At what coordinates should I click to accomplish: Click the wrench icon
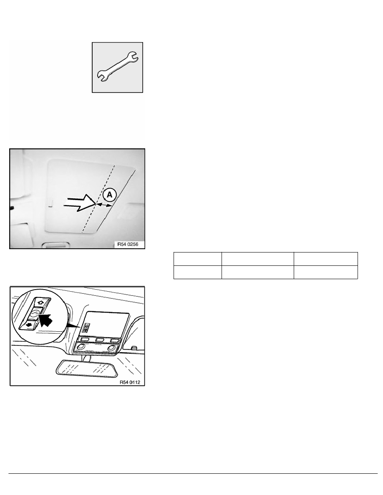coord(118,67)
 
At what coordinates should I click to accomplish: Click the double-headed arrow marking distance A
coord(104,205)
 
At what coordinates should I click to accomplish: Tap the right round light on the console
coord(113,347)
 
